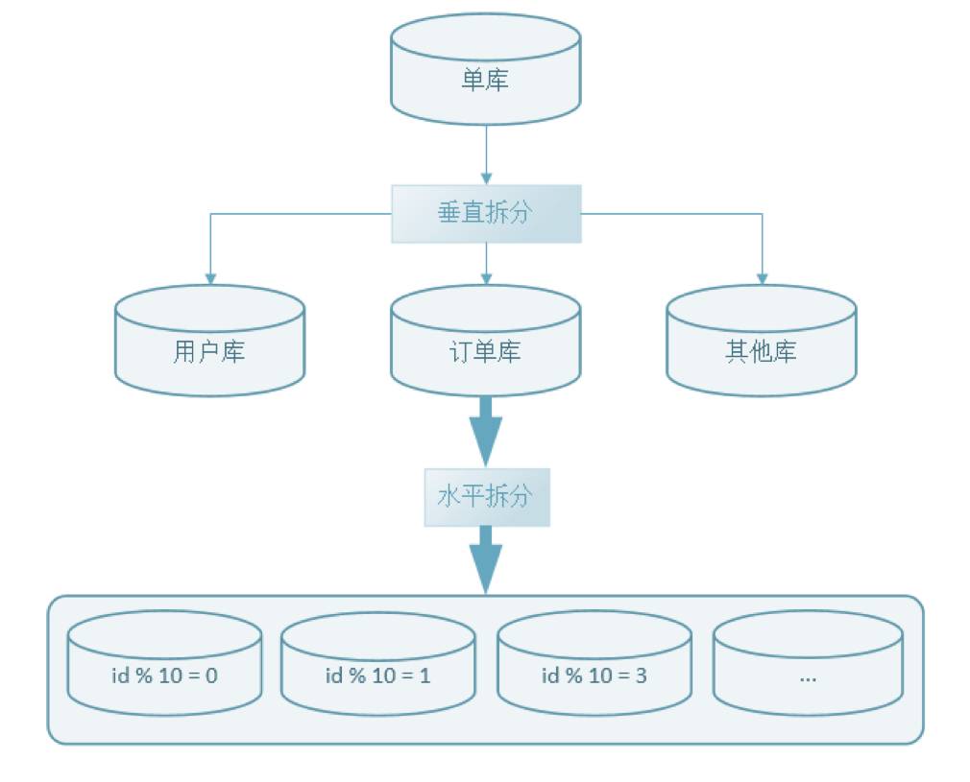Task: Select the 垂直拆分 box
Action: click(486, 213)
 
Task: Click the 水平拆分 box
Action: click(487, 497)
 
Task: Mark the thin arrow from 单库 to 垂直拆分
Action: click(486, 154)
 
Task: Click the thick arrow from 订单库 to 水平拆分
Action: click(486, 432)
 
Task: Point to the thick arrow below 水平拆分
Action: click(486, 561)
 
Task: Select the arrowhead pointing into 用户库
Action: click(210, 278)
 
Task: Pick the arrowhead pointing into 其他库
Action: click(762, 278)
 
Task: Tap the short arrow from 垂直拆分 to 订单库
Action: click(486, 263)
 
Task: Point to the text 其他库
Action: click(761, 351)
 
